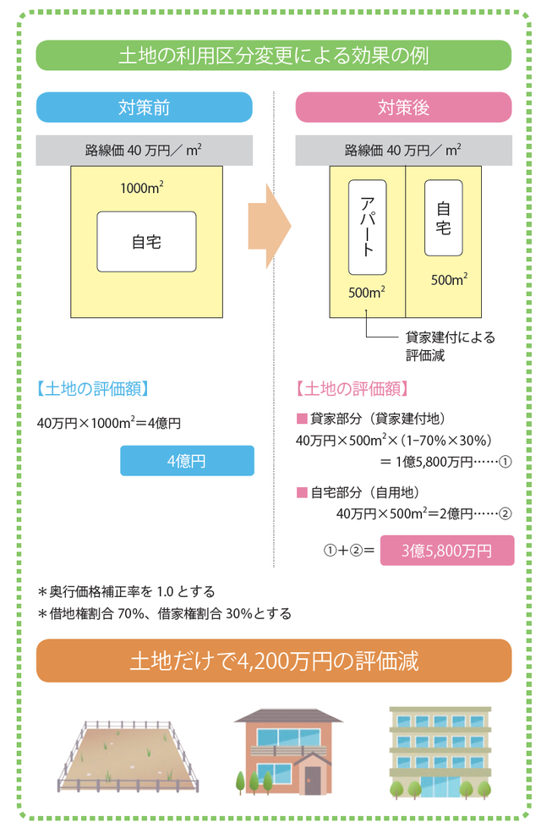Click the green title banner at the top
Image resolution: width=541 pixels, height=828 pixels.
point(273,56)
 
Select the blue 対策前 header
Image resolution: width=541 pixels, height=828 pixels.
point(145,107)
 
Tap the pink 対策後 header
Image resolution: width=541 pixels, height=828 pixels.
point(403,107)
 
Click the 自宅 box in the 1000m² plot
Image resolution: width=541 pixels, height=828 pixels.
point(146,242)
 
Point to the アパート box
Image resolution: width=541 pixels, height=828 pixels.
point(367,227)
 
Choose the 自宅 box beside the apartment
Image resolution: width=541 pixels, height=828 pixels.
point(444,217)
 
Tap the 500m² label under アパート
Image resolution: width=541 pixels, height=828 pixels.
point(367,293)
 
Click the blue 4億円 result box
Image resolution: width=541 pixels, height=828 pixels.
point(187,460)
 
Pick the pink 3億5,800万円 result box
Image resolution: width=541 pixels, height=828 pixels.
point(446,551)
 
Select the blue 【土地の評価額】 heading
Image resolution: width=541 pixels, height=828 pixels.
point(93,389)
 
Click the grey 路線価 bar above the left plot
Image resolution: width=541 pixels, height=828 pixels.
point(144,151)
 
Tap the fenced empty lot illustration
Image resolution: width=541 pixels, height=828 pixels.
point(128,754)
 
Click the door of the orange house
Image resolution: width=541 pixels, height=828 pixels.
point(313,779)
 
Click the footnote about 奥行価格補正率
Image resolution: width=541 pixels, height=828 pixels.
point(127,591)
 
